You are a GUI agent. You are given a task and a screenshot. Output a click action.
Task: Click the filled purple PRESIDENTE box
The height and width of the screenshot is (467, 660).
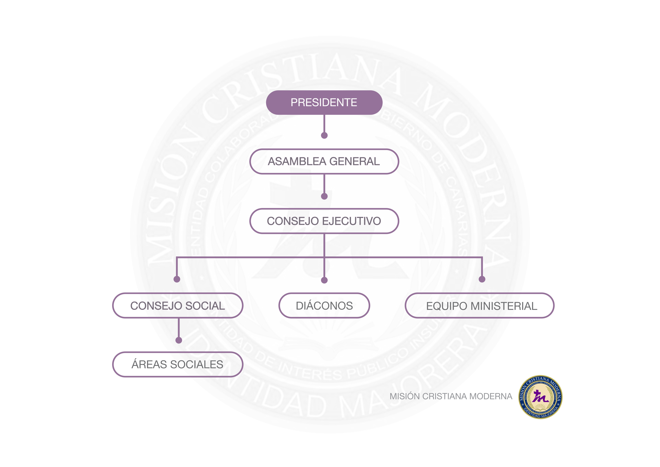click(x=324, y=103)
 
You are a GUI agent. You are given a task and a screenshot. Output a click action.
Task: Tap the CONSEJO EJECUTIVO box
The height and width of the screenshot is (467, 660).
click(x=324, y=221)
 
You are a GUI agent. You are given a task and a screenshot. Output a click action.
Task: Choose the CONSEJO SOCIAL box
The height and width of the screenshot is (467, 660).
click(x=178, y=305)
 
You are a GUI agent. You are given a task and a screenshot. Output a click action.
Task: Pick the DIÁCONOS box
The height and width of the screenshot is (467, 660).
click(x=324, y=305)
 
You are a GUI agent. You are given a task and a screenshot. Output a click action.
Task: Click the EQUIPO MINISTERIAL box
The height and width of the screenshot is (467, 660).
click(x=479, y=305)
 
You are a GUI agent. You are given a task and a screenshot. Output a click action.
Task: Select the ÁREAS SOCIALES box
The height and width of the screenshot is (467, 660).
click(x=178, y=364)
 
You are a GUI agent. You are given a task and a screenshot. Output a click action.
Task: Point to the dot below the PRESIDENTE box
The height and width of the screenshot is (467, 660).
click(x=324, y=136)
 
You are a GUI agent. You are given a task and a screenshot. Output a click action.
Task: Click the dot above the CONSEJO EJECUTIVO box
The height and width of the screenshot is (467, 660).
click(x=324, y=196)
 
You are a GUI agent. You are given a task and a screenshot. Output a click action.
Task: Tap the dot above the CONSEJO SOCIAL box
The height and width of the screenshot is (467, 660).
click(x=177, y=279)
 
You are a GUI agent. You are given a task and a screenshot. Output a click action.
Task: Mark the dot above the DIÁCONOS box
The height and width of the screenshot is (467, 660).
click(x=324, y=280)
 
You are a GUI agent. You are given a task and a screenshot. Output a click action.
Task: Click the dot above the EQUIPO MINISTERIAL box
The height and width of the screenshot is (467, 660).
click(x=482, y=279)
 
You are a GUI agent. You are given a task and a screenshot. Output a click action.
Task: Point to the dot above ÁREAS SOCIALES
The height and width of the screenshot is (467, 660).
click(x=179, y=340)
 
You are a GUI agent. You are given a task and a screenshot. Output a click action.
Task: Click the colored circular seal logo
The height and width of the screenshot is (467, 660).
click(x=540, y=397)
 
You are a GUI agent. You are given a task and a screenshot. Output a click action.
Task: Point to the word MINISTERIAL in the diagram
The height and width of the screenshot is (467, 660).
click(x=504, y=306)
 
